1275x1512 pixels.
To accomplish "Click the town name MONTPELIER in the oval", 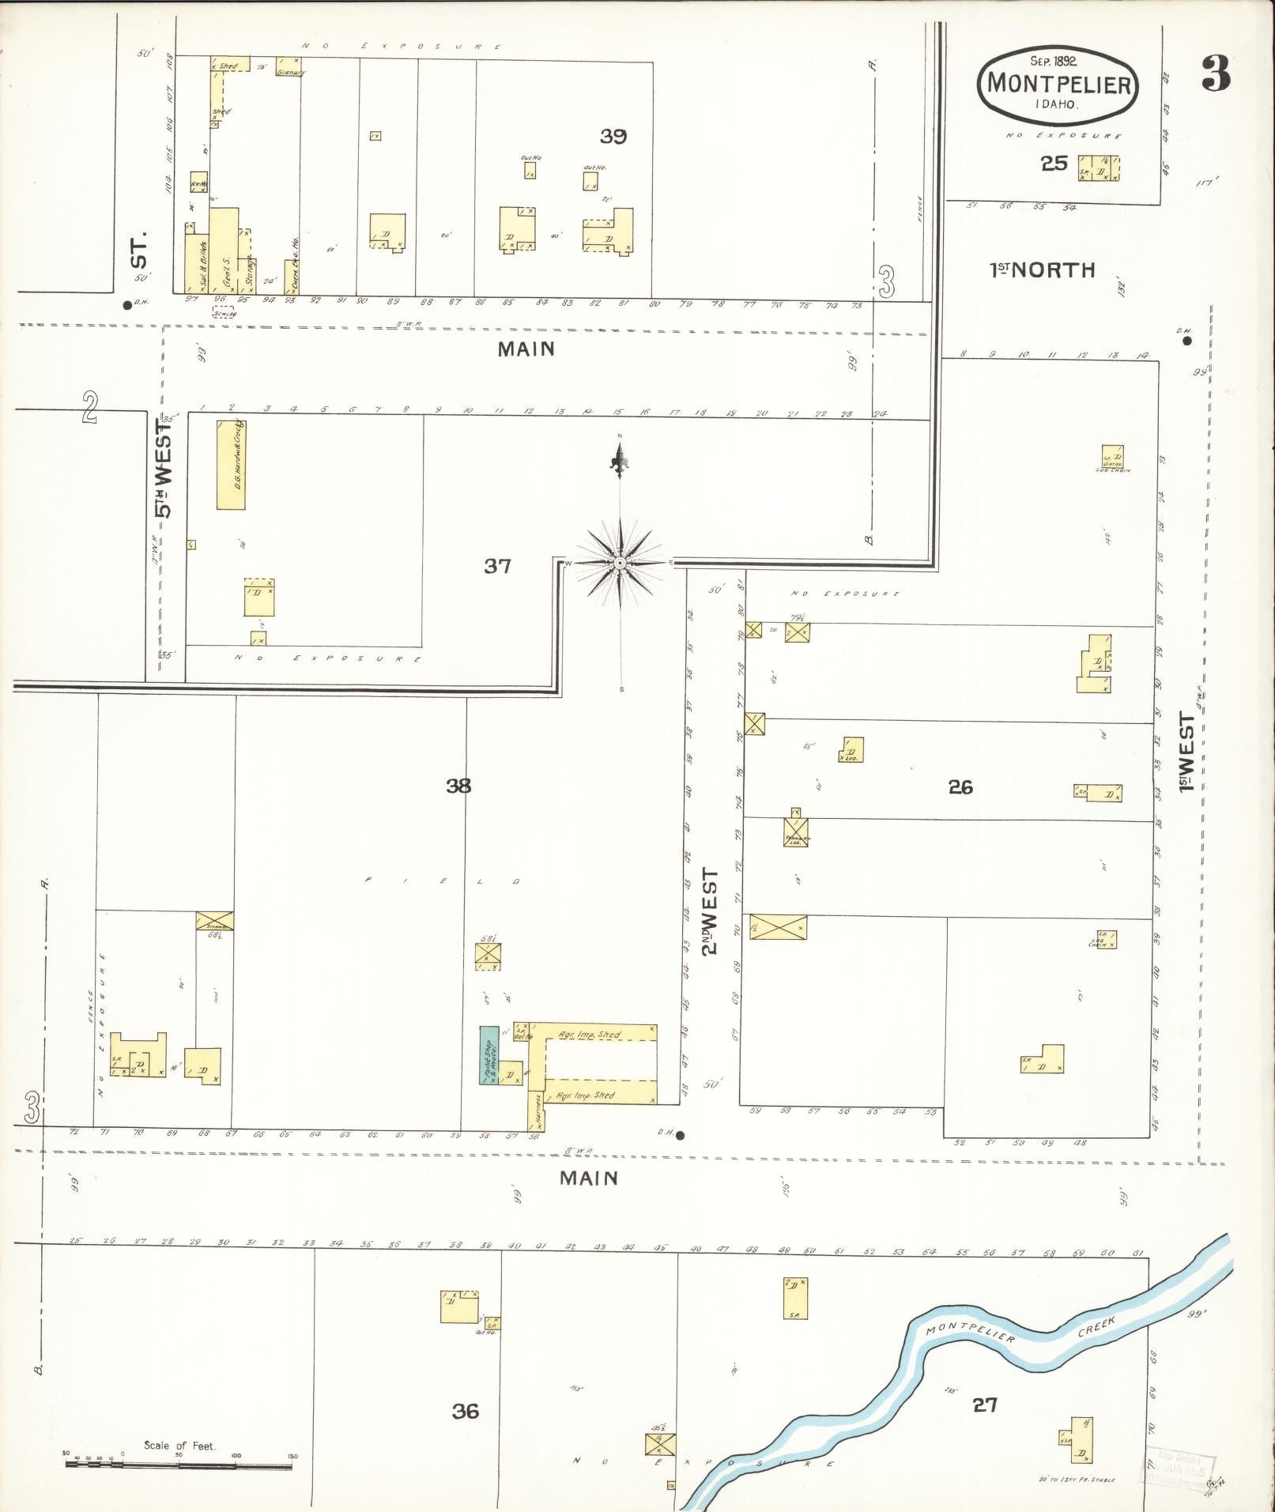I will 1058,83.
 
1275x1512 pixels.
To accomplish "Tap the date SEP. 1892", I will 1057,60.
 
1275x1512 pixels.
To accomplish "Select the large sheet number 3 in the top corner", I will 1215,74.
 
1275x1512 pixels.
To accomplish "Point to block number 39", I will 613,137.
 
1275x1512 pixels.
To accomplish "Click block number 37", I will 498,566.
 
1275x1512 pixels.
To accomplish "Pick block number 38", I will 458,786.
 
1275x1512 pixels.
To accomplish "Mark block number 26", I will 960,787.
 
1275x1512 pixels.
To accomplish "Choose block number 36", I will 466,1411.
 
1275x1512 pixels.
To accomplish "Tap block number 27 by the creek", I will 985,1405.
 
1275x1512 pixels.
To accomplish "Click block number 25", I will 1054,164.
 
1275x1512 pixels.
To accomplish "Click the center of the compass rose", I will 621,563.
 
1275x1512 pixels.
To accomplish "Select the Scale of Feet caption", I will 179,1446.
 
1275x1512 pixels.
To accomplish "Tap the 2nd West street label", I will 711,911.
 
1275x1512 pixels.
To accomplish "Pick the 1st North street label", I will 1043,270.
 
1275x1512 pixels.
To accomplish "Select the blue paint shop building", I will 488,1055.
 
